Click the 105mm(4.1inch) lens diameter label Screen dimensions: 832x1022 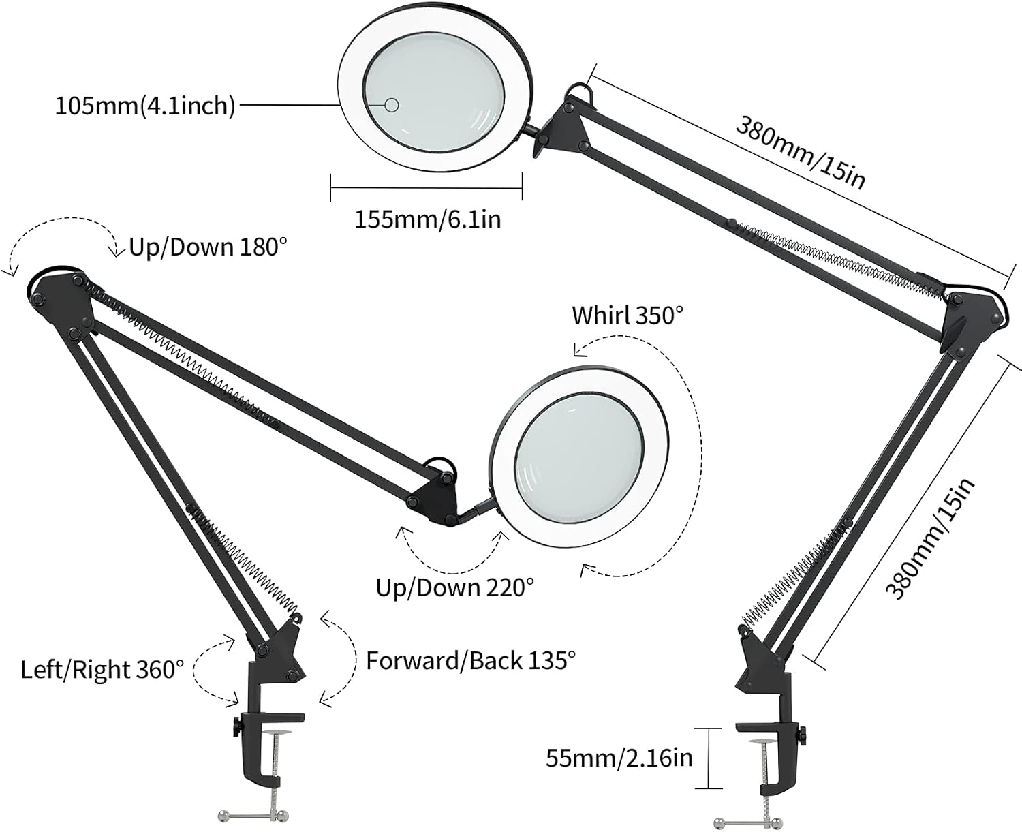pos(145,106)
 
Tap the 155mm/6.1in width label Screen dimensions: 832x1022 pos(427,219)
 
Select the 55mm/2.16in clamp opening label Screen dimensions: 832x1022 pos(619,758)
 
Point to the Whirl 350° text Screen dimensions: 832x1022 pos(627,315)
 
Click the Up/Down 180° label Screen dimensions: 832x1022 pos(204,247)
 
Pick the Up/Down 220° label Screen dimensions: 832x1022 pos(454,587)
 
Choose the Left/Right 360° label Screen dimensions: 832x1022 pos(102,669)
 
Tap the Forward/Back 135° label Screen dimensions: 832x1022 pos(471,660)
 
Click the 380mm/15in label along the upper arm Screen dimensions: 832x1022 pos(801,151)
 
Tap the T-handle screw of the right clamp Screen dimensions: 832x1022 pos(745,818)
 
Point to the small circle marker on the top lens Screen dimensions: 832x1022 pos(392,104)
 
